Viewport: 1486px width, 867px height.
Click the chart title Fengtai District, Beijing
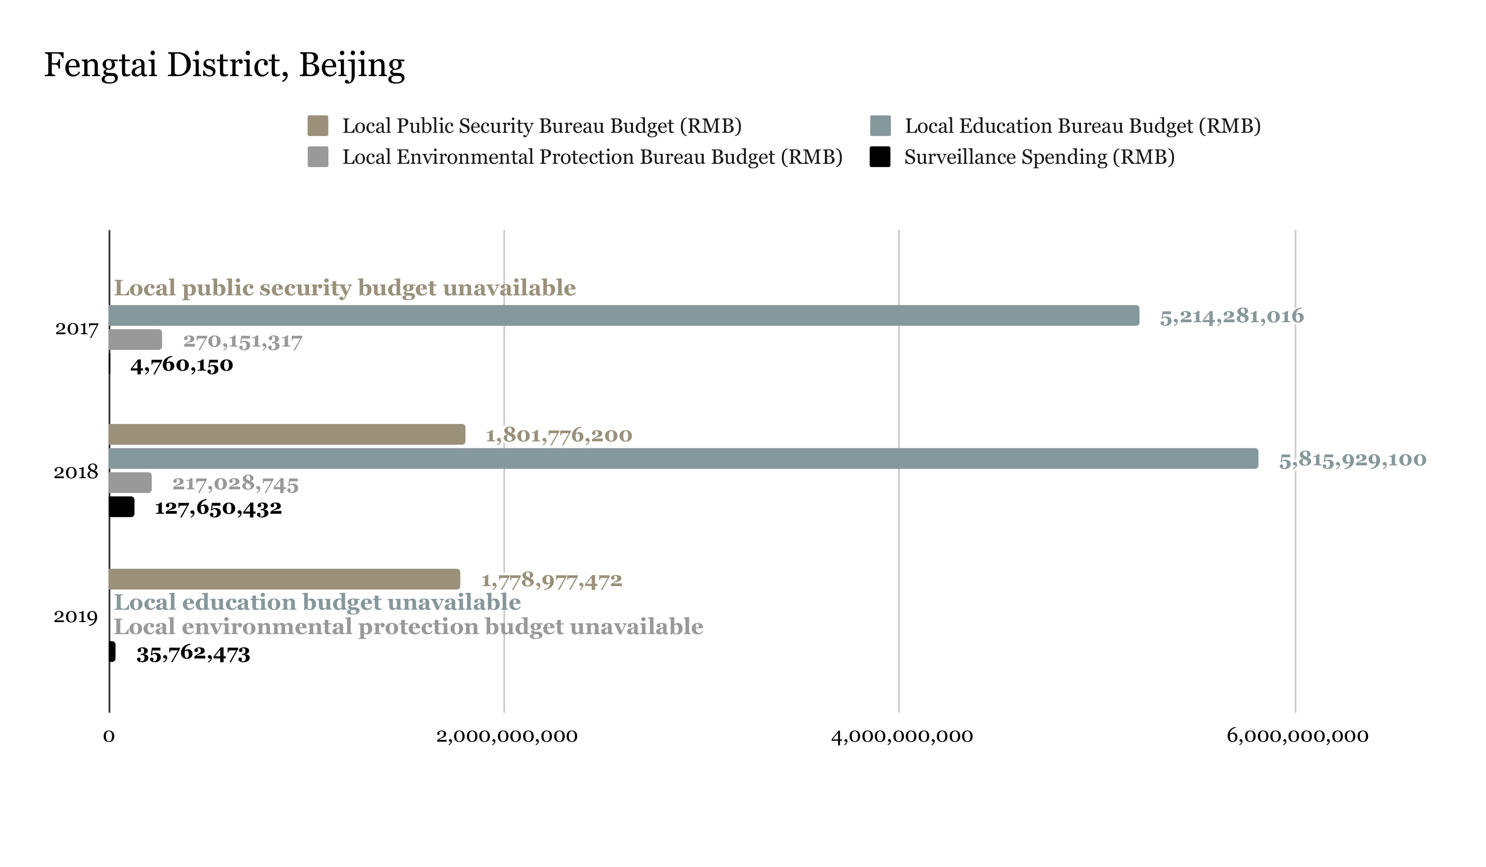coord(224,65)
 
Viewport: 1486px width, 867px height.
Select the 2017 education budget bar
coord(623,316)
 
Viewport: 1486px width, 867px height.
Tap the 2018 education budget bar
coord(683,459)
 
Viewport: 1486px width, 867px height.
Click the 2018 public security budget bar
coord(287,435)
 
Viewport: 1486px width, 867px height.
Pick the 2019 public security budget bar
coord(284,579)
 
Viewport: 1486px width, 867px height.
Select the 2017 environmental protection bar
coord(135,340)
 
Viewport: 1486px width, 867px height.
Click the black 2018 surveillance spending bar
coord(122,507)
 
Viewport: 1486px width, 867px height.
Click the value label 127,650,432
coord(218,508)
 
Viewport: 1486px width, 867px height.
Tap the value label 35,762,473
coord(194,654)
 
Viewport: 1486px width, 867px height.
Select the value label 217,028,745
coord(235,484)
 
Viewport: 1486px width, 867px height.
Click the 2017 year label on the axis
coord(77,328)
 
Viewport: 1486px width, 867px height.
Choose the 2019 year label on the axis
coord(75,617)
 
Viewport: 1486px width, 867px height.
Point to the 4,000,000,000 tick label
coord(901,736)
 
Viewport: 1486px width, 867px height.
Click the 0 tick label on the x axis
coord(108,736)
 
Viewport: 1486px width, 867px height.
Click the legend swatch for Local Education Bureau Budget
coord(880,126)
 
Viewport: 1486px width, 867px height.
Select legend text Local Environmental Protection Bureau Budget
coord(592,157)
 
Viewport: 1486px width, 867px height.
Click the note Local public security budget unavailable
coord(344,288)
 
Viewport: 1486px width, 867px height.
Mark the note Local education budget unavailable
coord(317,602)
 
